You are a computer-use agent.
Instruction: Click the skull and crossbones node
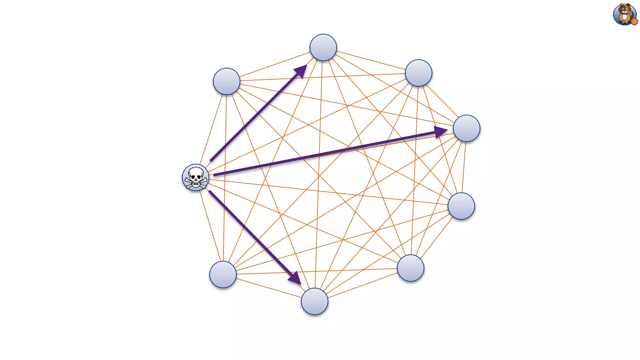coord(196,177)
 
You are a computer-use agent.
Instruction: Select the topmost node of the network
coord(323,47)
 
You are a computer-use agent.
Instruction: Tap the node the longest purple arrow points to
coord(466,128)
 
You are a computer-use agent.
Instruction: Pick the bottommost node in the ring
coord(314,301)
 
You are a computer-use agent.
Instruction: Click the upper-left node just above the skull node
coord(227,81)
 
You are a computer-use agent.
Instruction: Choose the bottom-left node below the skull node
coord(223,274)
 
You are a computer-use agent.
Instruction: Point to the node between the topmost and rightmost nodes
coord(418,73)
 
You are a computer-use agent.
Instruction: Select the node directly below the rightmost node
coord(461,206)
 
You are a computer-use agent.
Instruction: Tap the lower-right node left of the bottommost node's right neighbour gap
coord(410,268)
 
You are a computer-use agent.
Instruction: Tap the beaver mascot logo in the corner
coord(624,14)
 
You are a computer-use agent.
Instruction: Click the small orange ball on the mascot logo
coord(634,22)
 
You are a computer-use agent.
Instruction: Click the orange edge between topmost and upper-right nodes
coord(371,60)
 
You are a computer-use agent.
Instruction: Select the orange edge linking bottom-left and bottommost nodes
coord(269,288)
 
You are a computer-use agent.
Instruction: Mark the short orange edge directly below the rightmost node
coord(464,167)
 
